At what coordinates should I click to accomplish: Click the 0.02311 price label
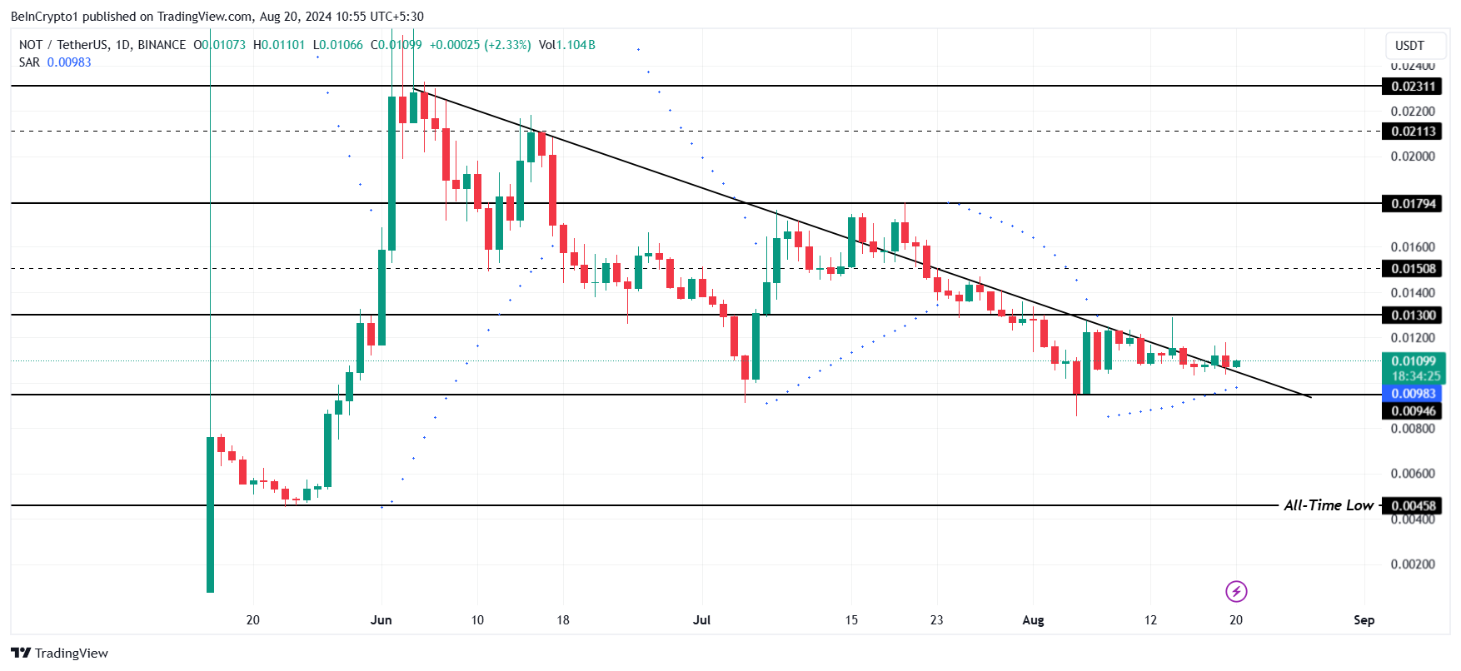click(x=1413, y=87)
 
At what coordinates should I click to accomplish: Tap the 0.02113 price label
click(x=1413, y=132)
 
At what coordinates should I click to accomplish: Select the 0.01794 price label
click(x=1413, y=204)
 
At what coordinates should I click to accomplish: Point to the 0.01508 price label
click(x=1413, y=269)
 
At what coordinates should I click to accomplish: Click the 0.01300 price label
click(x=1413, y=316)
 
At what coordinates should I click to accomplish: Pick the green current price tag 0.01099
click(x=1413, y=361)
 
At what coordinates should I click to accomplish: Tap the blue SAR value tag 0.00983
click(x=1413, y=394)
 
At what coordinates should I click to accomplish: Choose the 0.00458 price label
click(x=1413, y=506)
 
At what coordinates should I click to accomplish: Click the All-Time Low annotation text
click(x=1328, y=505)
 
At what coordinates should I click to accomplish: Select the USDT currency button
click(x=1409, y=46)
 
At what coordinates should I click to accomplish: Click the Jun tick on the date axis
click(x=381, y=620)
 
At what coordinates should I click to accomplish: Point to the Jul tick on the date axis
click(x=701, y=620)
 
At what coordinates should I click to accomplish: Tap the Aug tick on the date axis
click(x=1033, y=620)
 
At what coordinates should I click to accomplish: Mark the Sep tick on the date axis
click(x=1364, y=620)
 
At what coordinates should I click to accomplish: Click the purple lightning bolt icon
click(x=1236, y=591)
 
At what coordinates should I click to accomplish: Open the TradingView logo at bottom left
click(x=60, y=654)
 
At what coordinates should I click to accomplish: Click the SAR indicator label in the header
click(x=29, y=62)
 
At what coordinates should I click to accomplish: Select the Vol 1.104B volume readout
click(x=566, y=45)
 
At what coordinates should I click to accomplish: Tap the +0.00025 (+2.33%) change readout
click(x=480, y=45)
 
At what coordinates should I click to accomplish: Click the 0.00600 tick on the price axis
click(x=1413, y=474)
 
